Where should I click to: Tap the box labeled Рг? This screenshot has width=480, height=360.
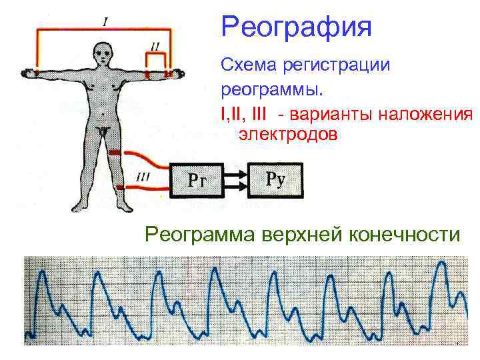(x=197, y=179)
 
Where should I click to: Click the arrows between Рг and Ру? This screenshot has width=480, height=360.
(x=236, y=179)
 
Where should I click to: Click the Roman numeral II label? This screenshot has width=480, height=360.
(x=155, y=46)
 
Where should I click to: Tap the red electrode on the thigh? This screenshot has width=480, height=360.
(x=114, y=153)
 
